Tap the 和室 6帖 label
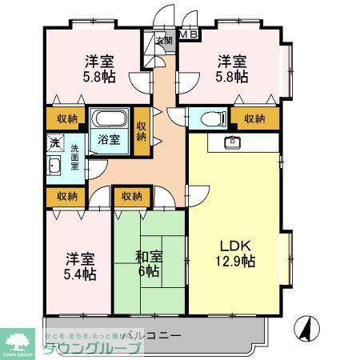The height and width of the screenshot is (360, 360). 150,264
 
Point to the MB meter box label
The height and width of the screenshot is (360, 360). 189,34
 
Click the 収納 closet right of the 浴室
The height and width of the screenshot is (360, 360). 141,130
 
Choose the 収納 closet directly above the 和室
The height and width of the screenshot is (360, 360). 132,196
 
